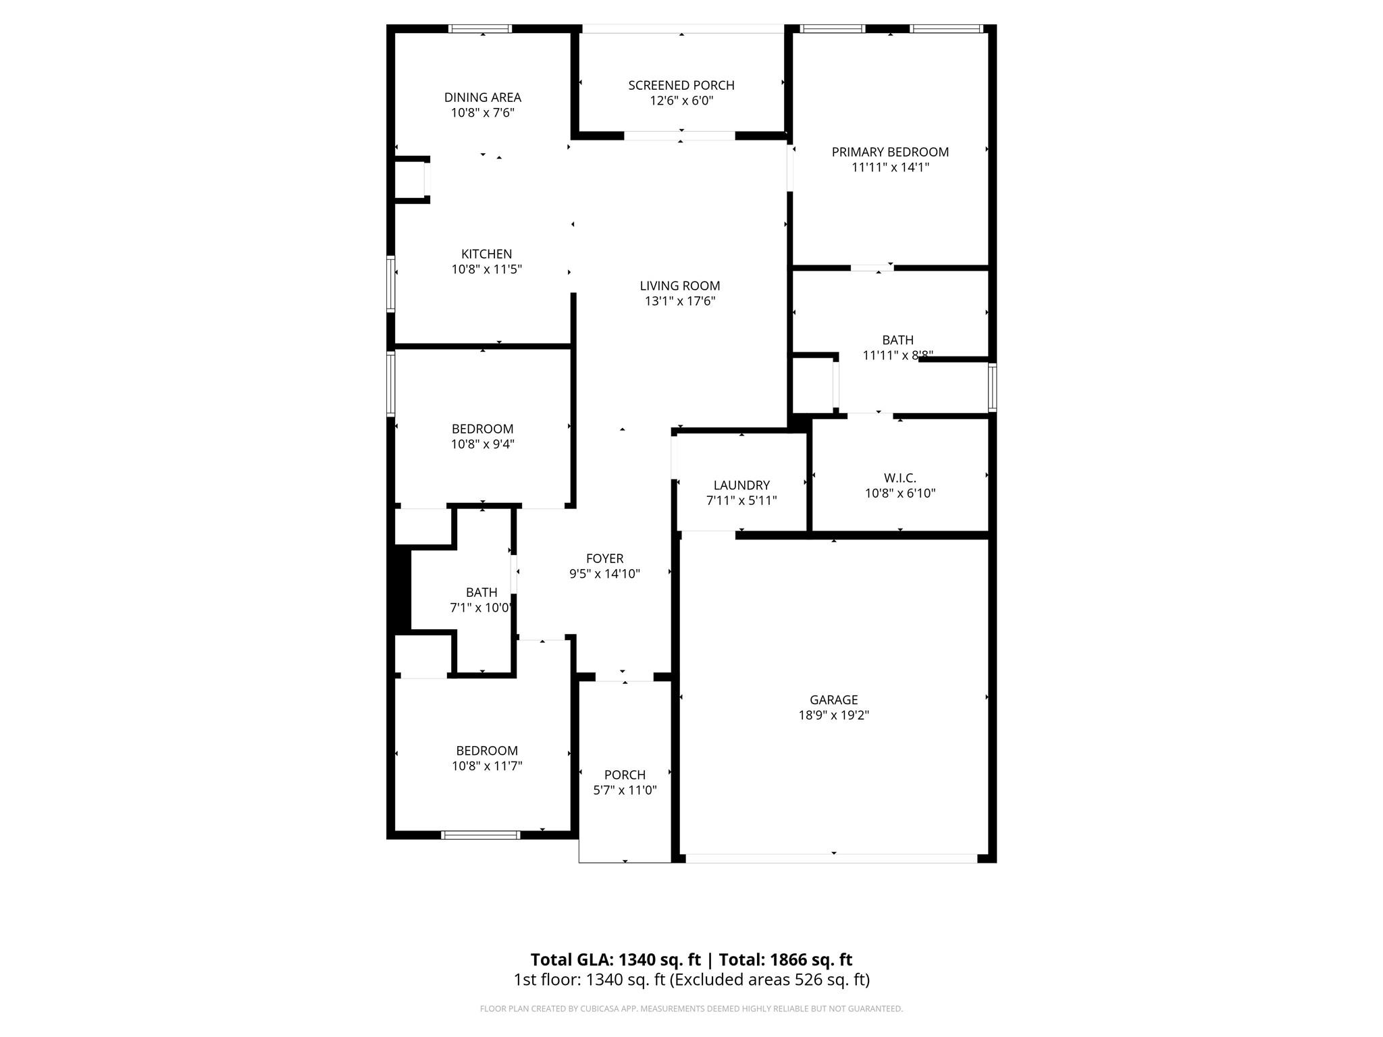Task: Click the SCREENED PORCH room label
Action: [x=681, y=85]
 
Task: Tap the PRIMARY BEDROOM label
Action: [x=890, y=152]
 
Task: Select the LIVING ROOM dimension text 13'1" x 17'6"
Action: [x=680, y=301]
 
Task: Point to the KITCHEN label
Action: [x=486, y=254]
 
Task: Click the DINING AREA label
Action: [x=482, y=97]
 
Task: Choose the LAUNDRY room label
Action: [x=741, y=485]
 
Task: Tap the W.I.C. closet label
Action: [x=899, y=478]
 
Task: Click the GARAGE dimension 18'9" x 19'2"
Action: [x=833, y=715]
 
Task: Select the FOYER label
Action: [x=604, y=558]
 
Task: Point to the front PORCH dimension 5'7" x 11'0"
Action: [x=625, y=790]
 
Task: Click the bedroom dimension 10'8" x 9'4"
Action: [x=482, y=444]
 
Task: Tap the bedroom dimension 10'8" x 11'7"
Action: [x=486, y=766]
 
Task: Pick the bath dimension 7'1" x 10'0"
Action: [x=480, y=608]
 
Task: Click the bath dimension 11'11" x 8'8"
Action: [x=897, y=355]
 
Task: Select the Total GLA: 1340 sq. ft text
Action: [x=616, y=959]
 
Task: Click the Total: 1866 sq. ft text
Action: [x=785, y=959]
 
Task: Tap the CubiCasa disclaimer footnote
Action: [x=691, y=1009]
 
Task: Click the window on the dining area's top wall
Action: [x=480, y=29]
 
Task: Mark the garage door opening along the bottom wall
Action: [x=831, y=858]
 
